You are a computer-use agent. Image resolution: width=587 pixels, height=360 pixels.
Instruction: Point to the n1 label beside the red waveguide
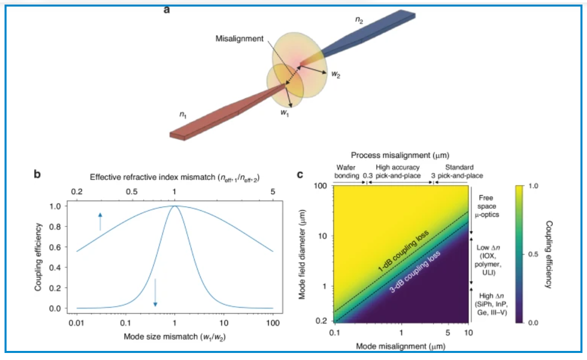[184, 115]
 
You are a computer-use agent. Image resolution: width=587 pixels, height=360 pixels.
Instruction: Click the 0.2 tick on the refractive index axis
[77, 192]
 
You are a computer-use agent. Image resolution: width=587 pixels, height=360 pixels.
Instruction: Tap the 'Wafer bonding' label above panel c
[345, 171]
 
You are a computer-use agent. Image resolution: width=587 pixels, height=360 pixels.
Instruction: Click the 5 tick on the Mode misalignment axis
[448, 333]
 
